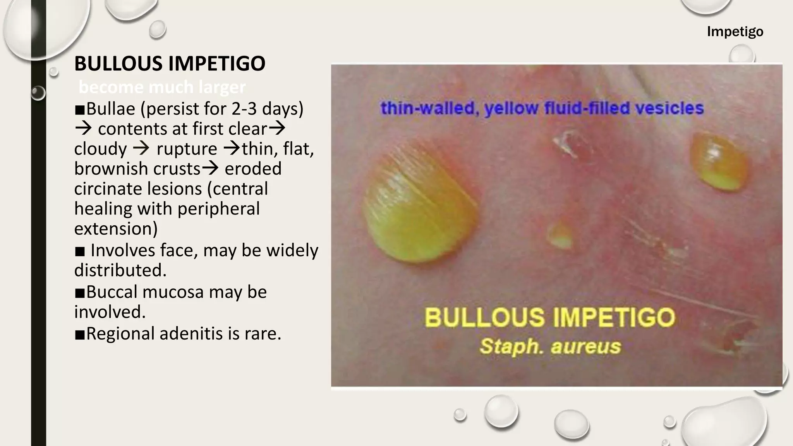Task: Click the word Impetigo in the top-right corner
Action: point(735,31)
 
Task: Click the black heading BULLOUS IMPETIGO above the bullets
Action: point(170,63)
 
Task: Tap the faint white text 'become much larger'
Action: point(162,87)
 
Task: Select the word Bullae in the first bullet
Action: point(110,109)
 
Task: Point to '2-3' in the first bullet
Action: point(244,109)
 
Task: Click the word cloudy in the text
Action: point(100,149)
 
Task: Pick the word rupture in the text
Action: point(187,149)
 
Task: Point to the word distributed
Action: point(120,270)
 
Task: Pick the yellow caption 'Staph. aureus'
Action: point(550,346)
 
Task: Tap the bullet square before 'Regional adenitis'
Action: point(80,334)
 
